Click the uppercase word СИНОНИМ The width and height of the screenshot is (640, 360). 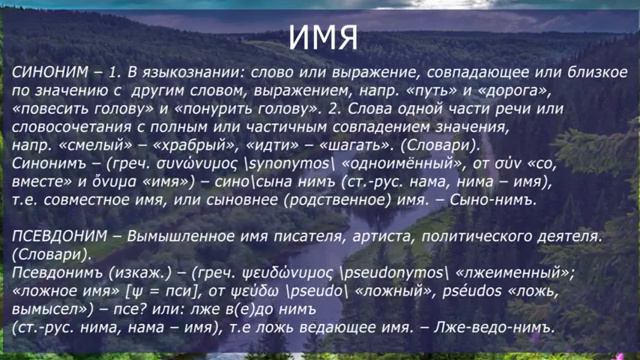(51, 73)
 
